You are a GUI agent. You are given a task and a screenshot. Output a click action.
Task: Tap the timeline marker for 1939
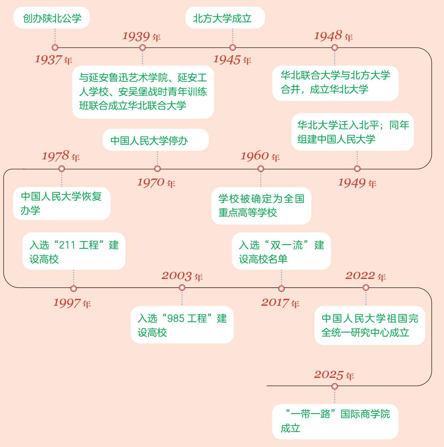pyautogui.click(x=142, y=47)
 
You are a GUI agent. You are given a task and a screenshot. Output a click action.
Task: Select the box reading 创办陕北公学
pyautogui.click(x=52, y=18)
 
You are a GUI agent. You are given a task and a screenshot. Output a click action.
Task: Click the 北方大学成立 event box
pyautogui.click(x=225, y=18)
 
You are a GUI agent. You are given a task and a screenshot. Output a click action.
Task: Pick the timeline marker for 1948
pyautogui.click(x=335, y=47)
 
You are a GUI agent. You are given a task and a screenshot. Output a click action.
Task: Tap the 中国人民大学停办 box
pyautogui.click(x=155, y=140)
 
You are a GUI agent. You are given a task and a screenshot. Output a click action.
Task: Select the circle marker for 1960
pyautogui.click(x=261, y=169)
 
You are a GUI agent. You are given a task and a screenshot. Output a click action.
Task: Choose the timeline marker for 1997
pyautogui.click(x=73, y=288)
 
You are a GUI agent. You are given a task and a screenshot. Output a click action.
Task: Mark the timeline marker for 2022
pyautogui.click(x=366, y=288)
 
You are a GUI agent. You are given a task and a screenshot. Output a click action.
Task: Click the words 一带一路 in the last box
pyautogui.click(x=310, y=414)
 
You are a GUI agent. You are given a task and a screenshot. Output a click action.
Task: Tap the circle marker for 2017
pyautogui.click(x=281, y=289)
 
